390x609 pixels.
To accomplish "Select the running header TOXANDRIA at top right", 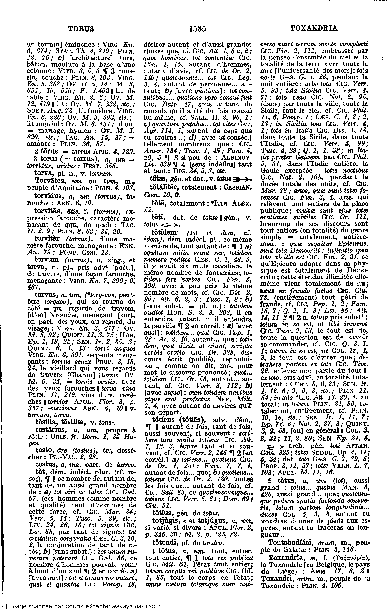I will click(x=314, y=28).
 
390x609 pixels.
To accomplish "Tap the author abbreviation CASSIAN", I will click(x=237, y=188).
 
